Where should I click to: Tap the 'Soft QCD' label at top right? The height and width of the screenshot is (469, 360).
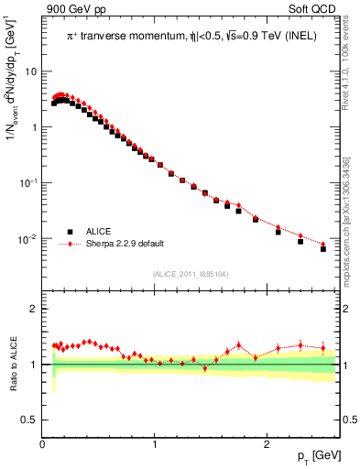[313, 11]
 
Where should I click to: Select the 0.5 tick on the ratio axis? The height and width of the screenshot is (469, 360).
[30, 420]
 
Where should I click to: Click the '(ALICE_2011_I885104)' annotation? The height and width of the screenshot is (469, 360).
[191, 273]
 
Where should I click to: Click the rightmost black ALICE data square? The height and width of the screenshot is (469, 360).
[323, 248]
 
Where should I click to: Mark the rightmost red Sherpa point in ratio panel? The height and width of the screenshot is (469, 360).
[323, 348]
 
